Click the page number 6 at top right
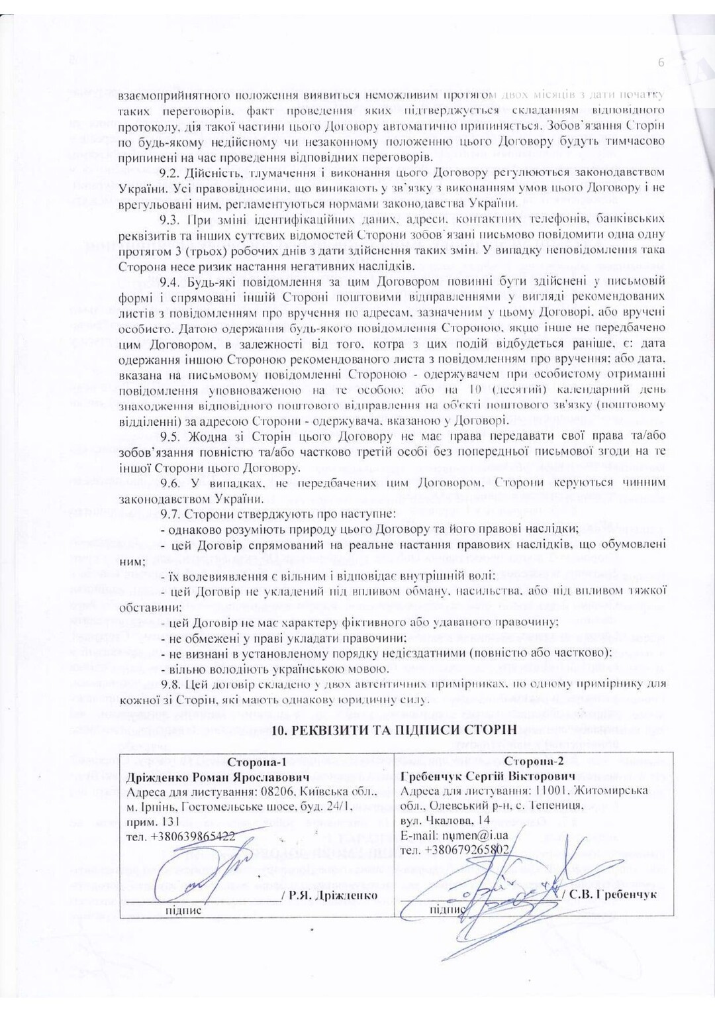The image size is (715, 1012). [x=661, y=63]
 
